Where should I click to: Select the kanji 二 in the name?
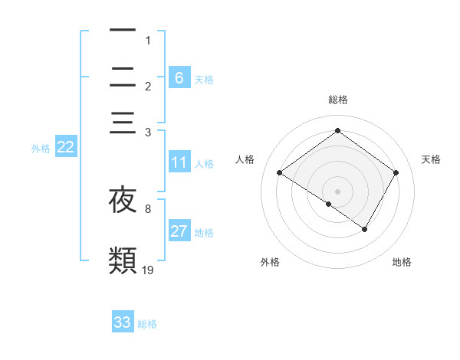(x=123, y=77)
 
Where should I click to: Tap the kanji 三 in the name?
(x=123, y=123)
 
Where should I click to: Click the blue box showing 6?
(x=179, y=77)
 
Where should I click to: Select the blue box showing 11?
(x=179, y=162)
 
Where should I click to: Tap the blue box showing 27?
(x=179, y=231)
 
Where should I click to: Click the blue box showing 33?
(x=123, y=322)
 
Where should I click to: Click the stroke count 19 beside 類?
(x=148, y=270)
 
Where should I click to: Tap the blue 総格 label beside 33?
(x=147, y=324)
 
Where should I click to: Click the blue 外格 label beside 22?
(x=40, y=149)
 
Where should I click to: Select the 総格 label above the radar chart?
(x=337, y=100)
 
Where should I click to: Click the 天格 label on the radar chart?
(x=432, y=159)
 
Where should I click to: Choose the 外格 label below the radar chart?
(x=270, y=262)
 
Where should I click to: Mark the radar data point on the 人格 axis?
(x=280, y=173)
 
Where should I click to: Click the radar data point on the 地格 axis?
(x=365, y=229)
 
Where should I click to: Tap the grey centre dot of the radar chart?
(x=337, y=190)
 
